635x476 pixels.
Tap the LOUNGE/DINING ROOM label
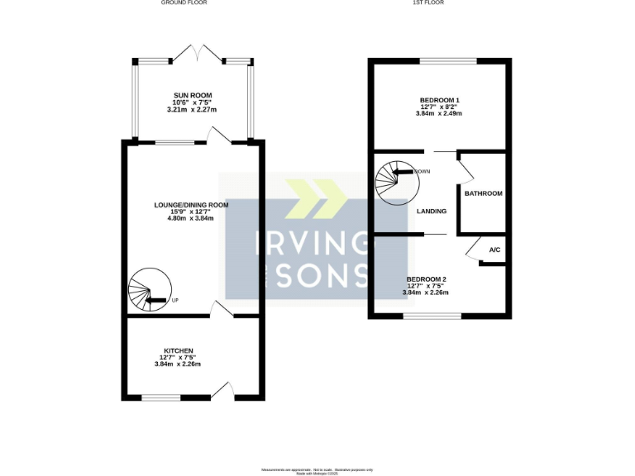pyautogui.click(x=191, y=204)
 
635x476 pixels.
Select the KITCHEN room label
pyautogui.click(x=178, y=350)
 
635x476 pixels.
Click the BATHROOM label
pyautogui.click(x=483, y=193)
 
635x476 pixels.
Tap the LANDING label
pyautogui.click(x=432, y=211)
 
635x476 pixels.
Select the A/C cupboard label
pyautogui.click(x=494, y=250)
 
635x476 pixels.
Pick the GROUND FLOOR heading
pyautogui.click(x=184, y=3)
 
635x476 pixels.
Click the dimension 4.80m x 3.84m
pyautogui.click(x=191, y=217)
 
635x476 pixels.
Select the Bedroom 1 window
pyautogui.click(x=447, y=61)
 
